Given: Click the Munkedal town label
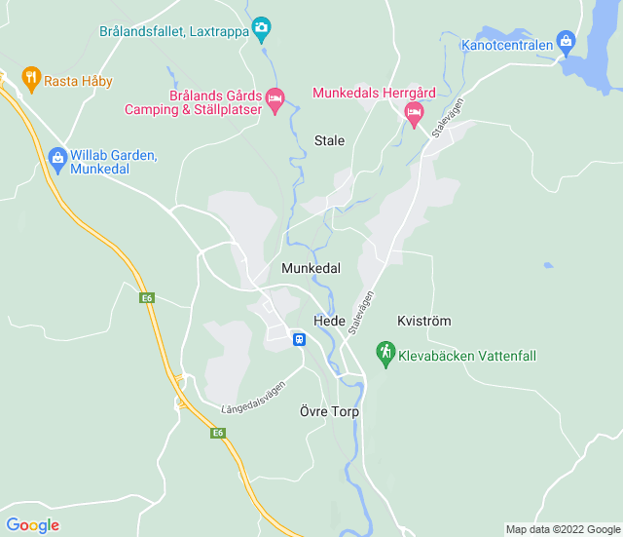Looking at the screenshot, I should (x=311, y=267).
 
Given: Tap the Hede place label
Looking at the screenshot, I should (x=329, y=321).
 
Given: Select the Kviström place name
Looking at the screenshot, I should (x=424, y=321).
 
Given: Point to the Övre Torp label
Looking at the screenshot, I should (x=329, y=412).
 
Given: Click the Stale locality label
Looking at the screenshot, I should (x=329, y=140).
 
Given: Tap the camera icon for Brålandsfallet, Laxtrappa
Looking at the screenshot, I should (x=261, y=29).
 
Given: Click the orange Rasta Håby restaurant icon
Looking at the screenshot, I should (x=31, y=79).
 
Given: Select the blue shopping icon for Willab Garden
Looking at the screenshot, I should (x=56, y=158).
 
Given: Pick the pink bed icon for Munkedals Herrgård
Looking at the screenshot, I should (x=414, y=114).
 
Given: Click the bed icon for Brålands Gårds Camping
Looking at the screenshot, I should (x=275, y=97).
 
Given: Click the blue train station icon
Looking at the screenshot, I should (x=299, y=339).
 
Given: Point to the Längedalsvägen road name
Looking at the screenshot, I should (x=255, y=395).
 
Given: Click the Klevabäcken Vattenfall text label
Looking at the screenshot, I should (x=467, y=356).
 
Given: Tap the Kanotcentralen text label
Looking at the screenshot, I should (x=506, y=45).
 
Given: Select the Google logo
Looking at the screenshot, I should (x=33, y=525).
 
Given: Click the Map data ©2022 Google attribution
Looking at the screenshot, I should (x=561, y=529).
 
